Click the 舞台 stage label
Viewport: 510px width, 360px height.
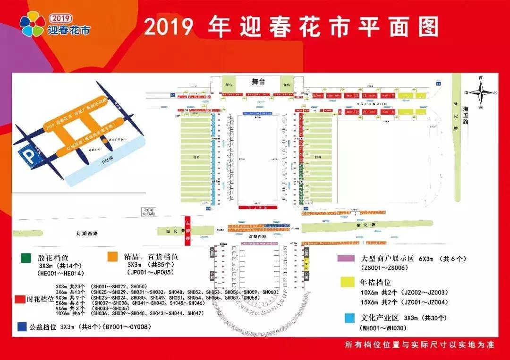258,82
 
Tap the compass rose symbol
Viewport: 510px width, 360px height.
481,92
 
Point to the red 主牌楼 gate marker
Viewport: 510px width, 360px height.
187,229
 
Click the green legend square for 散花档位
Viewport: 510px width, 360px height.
26,258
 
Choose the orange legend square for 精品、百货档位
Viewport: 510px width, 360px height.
113,256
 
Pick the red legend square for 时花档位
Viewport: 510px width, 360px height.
19,300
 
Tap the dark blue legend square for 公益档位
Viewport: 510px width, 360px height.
21,326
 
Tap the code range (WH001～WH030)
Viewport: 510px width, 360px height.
384,328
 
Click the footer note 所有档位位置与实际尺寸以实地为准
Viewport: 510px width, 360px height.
419,345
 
